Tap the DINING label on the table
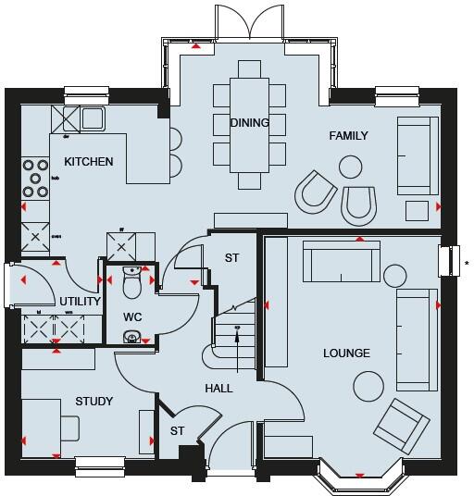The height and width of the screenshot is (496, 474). point(250,122)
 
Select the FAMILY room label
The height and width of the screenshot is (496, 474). point(348,136)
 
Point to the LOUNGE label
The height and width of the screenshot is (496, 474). point(346,353)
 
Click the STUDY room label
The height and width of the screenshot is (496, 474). point(94,402)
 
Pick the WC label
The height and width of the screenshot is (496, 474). point(132,317)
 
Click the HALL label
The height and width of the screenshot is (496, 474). point(219,389)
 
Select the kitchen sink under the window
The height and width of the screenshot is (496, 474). point(92,118)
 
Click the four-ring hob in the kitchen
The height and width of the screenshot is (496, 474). point(37,180)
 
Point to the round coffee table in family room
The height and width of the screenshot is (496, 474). point(350,167)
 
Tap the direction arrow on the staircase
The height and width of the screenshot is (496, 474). point(237,333)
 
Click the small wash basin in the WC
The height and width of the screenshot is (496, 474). point(132,338)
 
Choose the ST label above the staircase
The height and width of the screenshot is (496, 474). point(231,257)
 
